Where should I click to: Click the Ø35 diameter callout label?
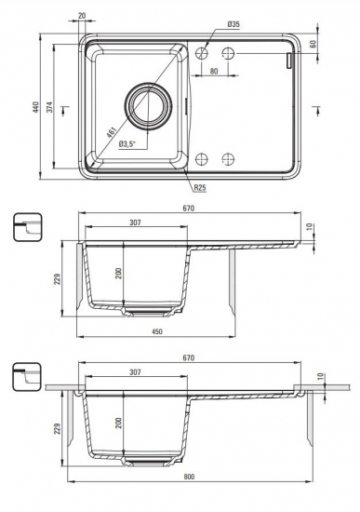click(233, 24)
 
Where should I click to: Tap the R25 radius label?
click(200, 188)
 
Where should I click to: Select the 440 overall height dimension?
click(35, 107)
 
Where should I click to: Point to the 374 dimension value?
click(49, 107)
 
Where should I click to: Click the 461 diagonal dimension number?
click(112, 133)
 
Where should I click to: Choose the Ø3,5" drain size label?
click(127, 144)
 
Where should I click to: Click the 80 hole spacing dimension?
click(214, 71)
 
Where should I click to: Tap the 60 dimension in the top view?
click(313, 45)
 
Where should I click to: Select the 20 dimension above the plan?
click(82, 15)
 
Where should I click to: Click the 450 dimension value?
click(157, 331)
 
